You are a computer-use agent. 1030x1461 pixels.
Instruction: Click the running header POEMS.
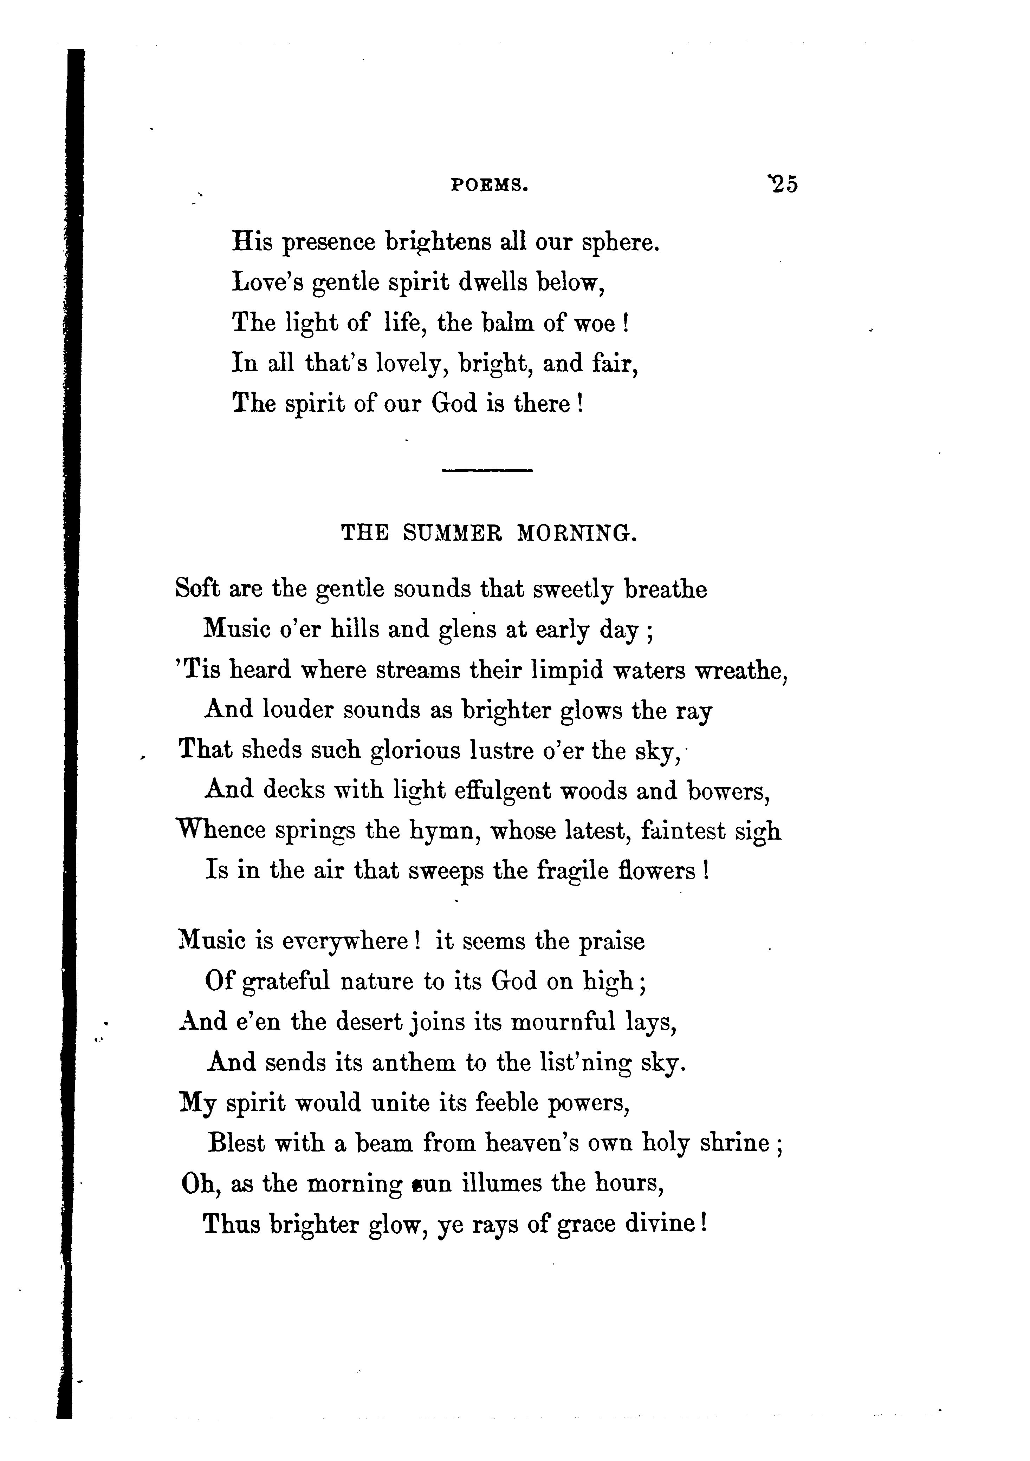490,185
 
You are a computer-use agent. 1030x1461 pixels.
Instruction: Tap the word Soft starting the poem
197,589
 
